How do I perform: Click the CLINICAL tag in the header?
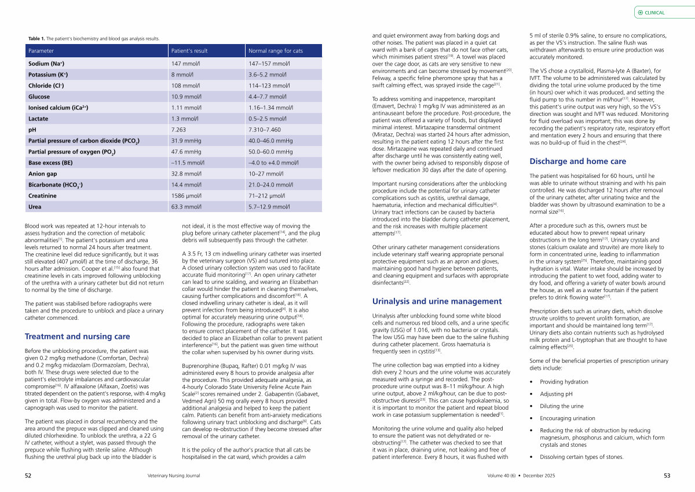(x=654, y=12)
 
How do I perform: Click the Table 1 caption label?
(x=36, y=39)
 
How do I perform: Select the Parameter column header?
(x=41, y=51)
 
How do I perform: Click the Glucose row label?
(x=39, y=97)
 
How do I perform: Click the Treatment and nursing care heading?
(x=77, y=337)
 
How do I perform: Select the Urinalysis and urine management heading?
(x=437, y=301)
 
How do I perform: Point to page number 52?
(x=28, y=476)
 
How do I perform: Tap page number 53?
(x=667, y=476)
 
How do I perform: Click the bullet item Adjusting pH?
(x=555, y=394)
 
